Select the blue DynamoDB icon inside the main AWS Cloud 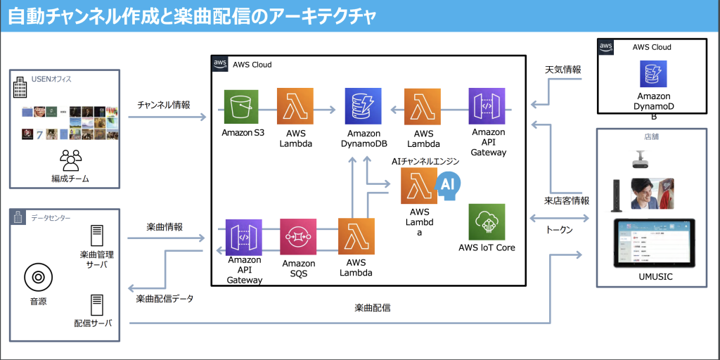click(x=364, y=106)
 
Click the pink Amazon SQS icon click(x=298, y=237)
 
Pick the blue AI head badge click(x=447, y=184)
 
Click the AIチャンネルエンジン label click(x=425, y=161)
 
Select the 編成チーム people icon click(x=70, y=161)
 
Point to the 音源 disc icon click(x=38, y=278)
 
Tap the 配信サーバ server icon click(x=98, y=304)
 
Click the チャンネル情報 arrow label click(x=163, y=104)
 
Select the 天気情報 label click(x=563, y=70)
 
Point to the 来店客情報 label click(x=567, y=201)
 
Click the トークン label click(x=560, y=230)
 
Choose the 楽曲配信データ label click(x=165, y=298)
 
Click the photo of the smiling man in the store click(x=652, y=193)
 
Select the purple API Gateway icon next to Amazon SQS click(x=243, y=237)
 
